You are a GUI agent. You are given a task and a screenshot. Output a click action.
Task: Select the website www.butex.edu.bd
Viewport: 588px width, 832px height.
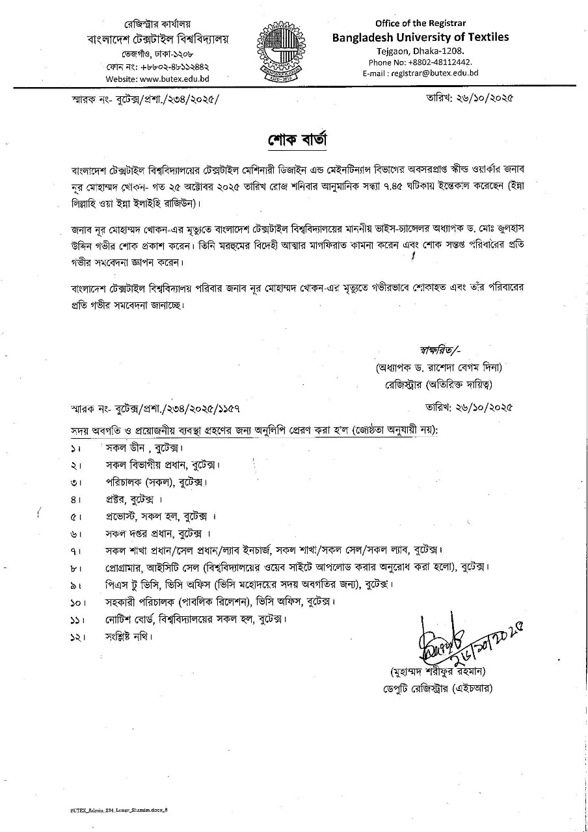tap(158, 79)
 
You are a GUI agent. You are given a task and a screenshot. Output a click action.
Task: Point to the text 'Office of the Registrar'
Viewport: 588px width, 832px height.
tap(420, 23)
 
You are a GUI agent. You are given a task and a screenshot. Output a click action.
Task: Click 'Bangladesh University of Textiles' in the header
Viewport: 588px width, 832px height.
tap(420, 37)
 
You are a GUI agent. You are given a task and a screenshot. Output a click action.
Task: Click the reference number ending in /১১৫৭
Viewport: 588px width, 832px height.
tap(155, 408)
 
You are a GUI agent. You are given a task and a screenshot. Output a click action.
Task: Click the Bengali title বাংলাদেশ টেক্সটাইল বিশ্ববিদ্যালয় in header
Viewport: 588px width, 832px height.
tap(158, 39)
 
